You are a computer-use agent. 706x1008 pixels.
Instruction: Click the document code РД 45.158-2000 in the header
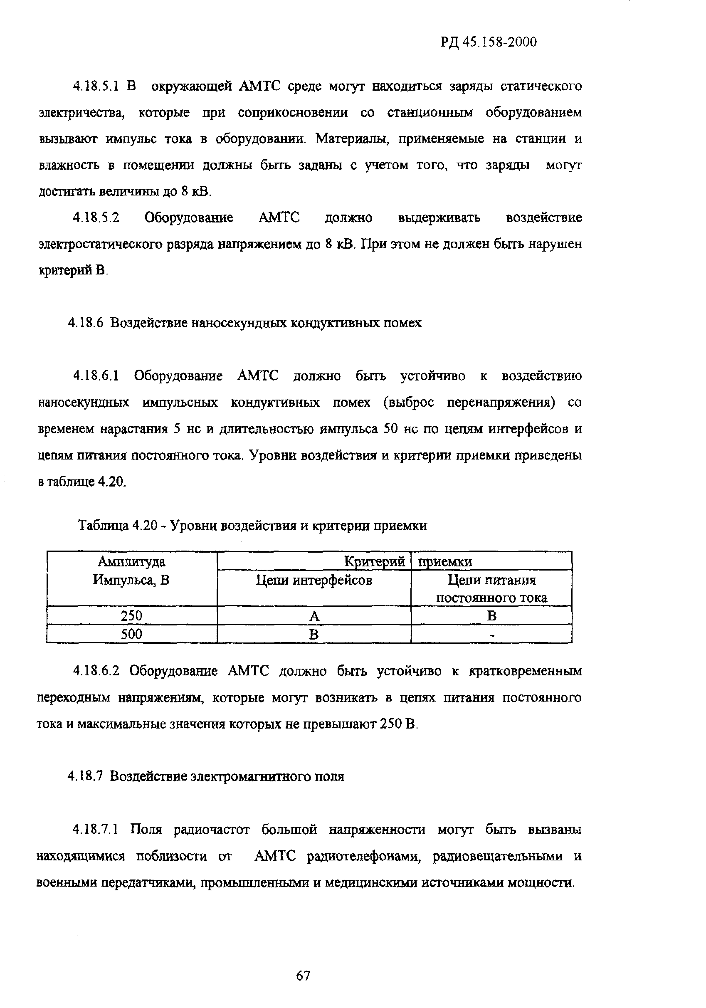pyautogui.click(x=488, y=42)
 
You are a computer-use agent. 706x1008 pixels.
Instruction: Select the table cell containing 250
pyautogui.click(x=132, y=615)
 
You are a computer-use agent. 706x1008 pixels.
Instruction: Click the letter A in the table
pyautogui.click(x=314, y=616)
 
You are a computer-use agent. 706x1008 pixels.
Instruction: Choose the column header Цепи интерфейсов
pyautogui.click(x=314, y=581)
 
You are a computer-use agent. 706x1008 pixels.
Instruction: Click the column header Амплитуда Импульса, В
pyautogui.click(x=132, y=571)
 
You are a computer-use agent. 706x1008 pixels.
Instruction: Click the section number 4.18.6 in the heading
pyautogui.click(x=86, y=323)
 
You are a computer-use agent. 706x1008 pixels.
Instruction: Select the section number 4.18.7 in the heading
pyautogui.click(x=86, y=776)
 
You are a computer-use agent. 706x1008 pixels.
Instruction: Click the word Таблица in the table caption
pyautogui.click(x=103, y=526)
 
